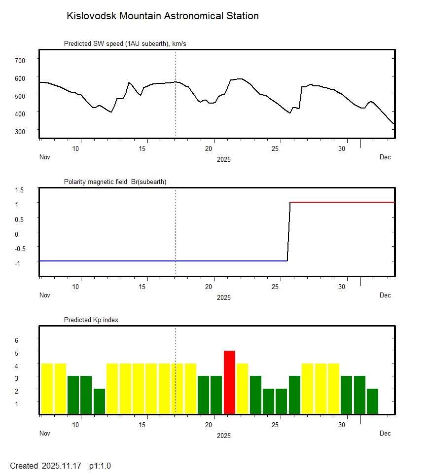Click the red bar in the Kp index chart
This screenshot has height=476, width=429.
[229, 382]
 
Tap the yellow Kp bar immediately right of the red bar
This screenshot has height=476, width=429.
[242, 389]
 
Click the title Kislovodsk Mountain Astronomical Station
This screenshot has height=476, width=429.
[162, 16]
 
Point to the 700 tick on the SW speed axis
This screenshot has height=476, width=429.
[20, 60]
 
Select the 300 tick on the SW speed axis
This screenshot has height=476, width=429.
[20, 131]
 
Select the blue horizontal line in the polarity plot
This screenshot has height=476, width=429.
[163, 260]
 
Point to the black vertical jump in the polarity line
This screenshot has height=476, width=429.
[289, 231]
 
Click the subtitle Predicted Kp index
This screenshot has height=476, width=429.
[91, 320]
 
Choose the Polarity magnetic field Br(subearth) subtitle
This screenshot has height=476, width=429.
[115, 182]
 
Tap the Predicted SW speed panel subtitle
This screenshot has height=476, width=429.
[125, 44]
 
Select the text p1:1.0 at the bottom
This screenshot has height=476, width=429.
[100, 466]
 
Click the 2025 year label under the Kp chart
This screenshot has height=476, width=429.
[224, 436]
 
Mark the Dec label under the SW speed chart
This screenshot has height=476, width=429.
[385, 157]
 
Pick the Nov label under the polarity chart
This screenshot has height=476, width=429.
[45, 295]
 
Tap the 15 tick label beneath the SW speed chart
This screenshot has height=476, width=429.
[143, 148]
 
